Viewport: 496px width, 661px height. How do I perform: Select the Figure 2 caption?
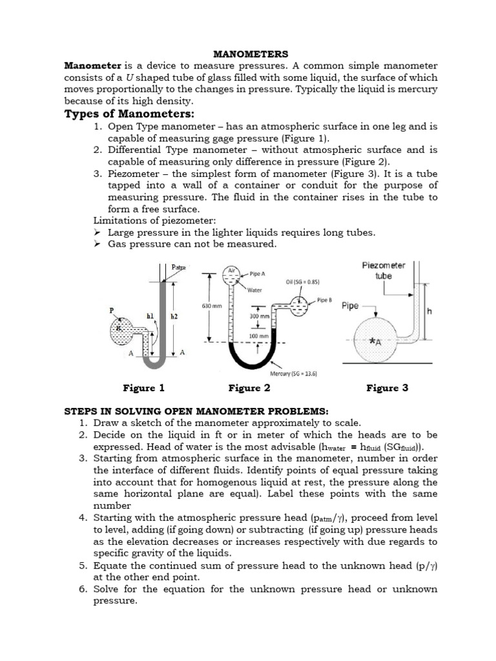click(x=249, y=388)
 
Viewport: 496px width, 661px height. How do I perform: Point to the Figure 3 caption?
click(x=387, y=388)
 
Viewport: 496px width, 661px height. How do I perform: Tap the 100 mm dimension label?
click(x=258, y=336)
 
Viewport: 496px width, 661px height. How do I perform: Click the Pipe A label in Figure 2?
click(x=257, y=274)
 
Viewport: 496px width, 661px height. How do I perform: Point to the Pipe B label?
click(x=324, y=300)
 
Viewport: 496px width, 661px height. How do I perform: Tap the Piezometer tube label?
click(x=384, y=270)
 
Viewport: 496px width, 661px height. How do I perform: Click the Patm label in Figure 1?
click(x=178, y=267)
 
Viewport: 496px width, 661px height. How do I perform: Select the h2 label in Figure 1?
click(x=174, y=317)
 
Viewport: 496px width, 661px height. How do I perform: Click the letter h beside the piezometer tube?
click(x=429, y=310)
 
